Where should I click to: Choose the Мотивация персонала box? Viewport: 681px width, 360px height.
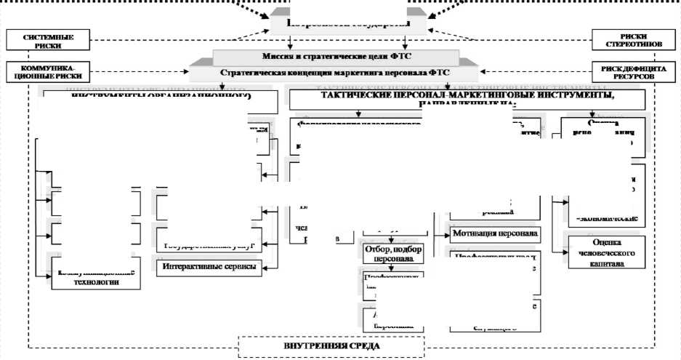tap(494, 234)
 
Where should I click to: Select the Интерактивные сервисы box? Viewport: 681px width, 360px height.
tap(209, 267)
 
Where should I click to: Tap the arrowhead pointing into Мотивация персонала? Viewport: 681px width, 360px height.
tap(446, 235)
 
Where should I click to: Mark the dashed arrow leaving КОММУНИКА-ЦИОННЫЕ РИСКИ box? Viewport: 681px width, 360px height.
tap(131, 72)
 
